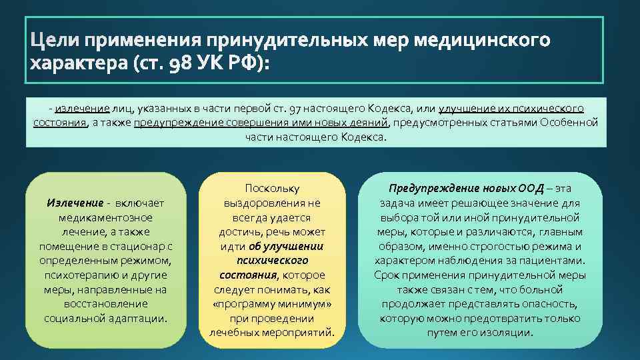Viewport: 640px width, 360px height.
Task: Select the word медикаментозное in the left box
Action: pyautogui.click(x=105, y=217)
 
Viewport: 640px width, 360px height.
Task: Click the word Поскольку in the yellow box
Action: pyautogui.click(x=273, y=189)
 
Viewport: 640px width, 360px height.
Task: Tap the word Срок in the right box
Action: pyautogui.click(x=387, y=275)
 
